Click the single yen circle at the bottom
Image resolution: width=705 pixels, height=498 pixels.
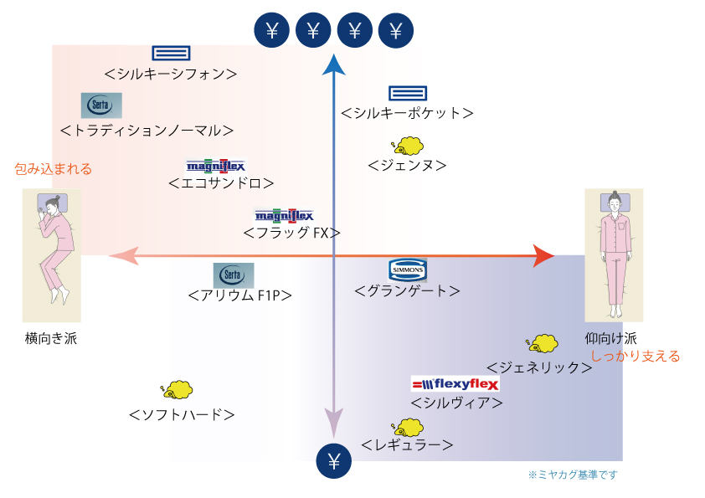[333, 461]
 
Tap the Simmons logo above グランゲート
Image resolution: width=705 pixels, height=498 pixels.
[408, 270]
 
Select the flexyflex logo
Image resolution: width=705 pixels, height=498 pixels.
[455, 384]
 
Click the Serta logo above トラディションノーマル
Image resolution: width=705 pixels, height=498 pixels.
[101, 105]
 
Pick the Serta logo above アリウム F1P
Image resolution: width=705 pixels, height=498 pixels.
[234, 275]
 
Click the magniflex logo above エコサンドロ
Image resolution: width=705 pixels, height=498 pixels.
[216, 166]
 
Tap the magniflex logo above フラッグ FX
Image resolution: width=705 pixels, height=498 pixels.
[284, 216]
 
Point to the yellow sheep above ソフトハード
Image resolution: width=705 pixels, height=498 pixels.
[177, 390]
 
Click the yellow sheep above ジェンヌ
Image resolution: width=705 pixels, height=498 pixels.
[407, 146]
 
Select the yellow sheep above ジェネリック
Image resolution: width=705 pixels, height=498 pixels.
[542, 343]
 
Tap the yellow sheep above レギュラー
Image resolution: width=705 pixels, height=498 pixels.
[407, 428]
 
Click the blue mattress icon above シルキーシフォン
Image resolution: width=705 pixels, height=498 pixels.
[171, 53]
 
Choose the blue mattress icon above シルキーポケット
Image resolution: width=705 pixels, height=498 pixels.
[408, 93]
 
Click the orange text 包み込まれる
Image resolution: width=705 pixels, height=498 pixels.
[53, 169]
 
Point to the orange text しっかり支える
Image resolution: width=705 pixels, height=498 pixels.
[635, 357]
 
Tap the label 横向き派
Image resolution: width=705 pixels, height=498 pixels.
[51, 338]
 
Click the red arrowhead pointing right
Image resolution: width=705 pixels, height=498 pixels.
[543, 256]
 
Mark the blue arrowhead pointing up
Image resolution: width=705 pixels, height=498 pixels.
[333, 64]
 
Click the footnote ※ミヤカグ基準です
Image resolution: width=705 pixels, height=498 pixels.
[573, 475]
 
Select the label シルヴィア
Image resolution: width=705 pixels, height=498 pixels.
[456, 403]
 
